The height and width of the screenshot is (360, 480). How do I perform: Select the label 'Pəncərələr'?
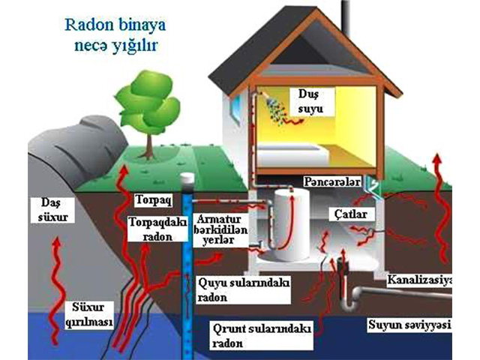pos(333,182)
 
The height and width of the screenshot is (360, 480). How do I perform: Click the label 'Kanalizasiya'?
pos(420,280)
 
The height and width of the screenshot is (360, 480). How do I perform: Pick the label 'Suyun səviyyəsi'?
pos(408,325)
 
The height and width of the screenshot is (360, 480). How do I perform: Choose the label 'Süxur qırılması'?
pos(88,315)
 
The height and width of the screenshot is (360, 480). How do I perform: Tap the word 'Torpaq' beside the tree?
pos(153,202)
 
